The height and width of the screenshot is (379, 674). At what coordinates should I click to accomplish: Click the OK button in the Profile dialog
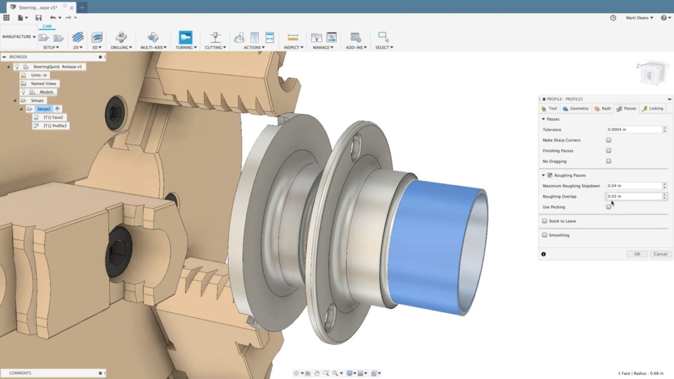pyautogui.click(x=637, y=254)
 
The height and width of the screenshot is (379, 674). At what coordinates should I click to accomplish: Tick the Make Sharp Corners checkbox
pyautogui.click(x=609, y=140)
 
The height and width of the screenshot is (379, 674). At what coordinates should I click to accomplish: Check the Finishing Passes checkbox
pyautogui.click(x=609, y=150)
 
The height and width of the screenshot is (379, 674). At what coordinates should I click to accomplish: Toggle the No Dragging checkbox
pyautogui.click(x=609, y=161)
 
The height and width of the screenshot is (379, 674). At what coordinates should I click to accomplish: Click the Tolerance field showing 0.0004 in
pyautogui.click(x=634, y=129)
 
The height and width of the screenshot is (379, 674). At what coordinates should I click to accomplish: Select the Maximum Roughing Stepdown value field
pyautogui.click(x=634, y=186)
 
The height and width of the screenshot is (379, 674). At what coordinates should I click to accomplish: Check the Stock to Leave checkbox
pyautogui.click(x=545, y=221)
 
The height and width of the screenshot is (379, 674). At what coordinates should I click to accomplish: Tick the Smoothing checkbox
pyautogui.click(x=545, y=235)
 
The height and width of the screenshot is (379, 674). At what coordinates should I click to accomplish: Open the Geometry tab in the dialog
pyautogui.click(x=576, y=108)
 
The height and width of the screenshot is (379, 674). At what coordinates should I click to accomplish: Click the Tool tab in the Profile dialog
pyautogui.click(x=549, y=108)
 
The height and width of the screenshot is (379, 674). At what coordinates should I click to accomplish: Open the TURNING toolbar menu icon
pyautogui.click(x=186, y=38)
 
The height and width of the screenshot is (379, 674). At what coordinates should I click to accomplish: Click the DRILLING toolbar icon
pyautogui.click(x=121, y=38)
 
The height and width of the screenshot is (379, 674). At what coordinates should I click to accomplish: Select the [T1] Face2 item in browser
pyautogui.click(x=53, y=117)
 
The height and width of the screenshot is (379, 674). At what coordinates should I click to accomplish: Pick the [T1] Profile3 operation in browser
pyautogui.click(x=55, y=125)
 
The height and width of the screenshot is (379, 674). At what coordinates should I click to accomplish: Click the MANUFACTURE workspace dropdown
pyautogui.click(x=18, y=37)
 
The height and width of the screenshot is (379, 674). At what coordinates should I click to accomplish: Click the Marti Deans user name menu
pyautogui.click(x=639, y=18)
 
